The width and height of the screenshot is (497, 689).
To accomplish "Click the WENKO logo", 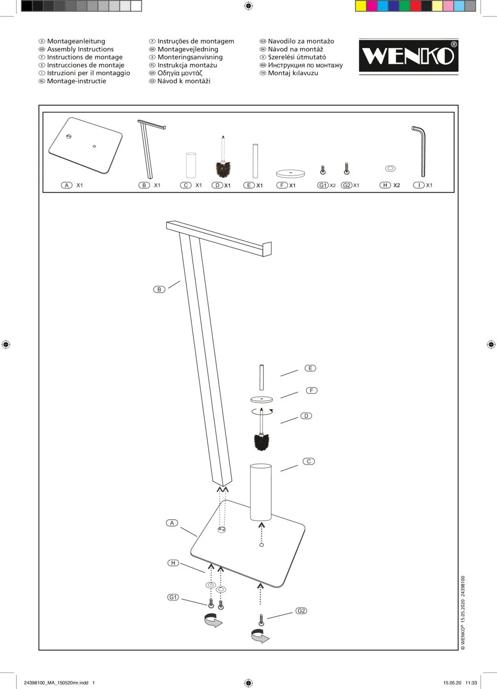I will pos(408,56).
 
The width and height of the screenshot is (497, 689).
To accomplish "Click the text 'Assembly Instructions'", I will pos(80,49).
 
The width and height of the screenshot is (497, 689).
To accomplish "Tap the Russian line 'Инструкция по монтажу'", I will pos(305,65).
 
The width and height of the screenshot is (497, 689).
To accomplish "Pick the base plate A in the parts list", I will pos(86,145).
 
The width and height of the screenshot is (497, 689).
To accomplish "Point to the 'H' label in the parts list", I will pos(385,185).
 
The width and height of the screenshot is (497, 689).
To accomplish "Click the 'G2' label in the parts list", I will pos(347,185).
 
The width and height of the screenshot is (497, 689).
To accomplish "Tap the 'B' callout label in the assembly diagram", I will pos(159,289).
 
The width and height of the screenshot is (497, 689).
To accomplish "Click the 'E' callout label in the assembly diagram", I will pos(310,368).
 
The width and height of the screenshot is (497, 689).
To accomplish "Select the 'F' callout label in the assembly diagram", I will pos(312,390).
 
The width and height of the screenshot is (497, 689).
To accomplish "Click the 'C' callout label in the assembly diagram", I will pos(308,461).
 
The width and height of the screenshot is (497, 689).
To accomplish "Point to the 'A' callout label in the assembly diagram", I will pos(172,523).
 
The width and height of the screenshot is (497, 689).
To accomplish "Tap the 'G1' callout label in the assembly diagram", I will pos(173,597).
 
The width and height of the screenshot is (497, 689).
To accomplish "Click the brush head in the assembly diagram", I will pos(262,442).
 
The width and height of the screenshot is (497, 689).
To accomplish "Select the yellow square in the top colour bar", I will pos(361,6).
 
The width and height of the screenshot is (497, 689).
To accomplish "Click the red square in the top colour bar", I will pos(415,6).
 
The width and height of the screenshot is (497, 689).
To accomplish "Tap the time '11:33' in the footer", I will pos(471,683).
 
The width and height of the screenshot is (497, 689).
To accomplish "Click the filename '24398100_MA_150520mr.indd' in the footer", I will pos(56,683).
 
